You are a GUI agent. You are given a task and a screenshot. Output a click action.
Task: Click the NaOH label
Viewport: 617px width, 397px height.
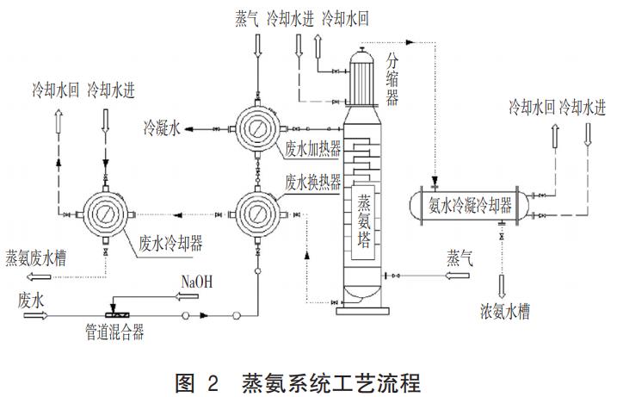point(196,282)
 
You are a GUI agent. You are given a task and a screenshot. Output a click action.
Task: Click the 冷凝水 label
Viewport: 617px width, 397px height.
point(161,129)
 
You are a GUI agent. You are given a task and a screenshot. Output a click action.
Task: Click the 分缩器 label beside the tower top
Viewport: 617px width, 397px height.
point(392,78)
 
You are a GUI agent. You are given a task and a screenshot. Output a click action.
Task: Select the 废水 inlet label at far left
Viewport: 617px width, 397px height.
point(32,299)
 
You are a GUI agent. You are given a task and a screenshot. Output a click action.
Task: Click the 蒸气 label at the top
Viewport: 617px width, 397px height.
point(247,17)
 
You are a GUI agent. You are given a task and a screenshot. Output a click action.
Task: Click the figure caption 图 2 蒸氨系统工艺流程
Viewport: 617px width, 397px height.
point(307,379)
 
